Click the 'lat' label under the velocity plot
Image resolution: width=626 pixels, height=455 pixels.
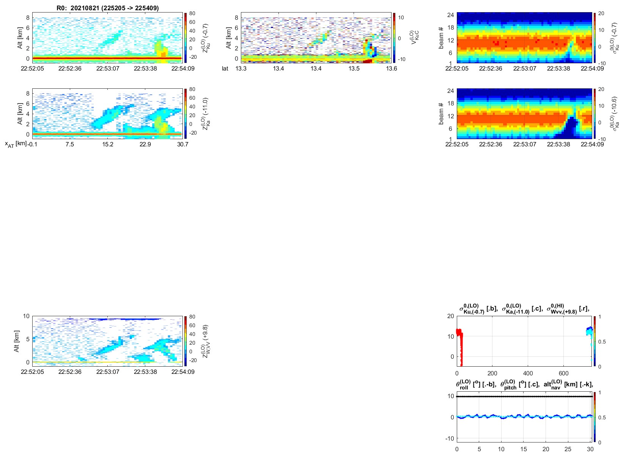pyautogui.click(x=225, y=69)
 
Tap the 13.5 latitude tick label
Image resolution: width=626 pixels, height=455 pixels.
pyautogui.click(x=354, y=69)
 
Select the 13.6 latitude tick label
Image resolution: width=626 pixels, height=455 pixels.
pyautogui.click(x=392, y=69)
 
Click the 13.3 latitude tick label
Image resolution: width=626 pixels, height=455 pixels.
pyautogui.click(x=241, y=69)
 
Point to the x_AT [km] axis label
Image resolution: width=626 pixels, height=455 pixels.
pyautogui.click(x=16, y=144)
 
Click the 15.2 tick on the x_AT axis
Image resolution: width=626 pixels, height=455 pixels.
pyautogui.click(x=107, y=144)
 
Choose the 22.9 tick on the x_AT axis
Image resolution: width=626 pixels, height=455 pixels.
pyautogui.click(x=145, y=144)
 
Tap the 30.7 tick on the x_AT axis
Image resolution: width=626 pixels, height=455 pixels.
pyautogui.click(x=182, y=144)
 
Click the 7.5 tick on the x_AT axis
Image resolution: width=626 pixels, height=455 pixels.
pyautogui.click(x=70, y=144)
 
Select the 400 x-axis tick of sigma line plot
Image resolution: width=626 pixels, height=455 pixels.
pyautogui.click(x=528, y=373)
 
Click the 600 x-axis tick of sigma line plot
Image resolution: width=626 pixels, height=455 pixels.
pyautogui.click(x=563, y=373)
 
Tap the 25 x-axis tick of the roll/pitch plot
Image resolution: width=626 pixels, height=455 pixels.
pyautogui.click(x=568, y=449)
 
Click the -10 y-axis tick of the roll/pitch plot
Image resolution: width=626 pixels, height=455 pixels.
pyautogui.click(x=450, y=438)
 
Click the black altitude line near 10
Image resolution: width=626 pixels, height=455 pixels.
pyautogui.click(x=524, y=396)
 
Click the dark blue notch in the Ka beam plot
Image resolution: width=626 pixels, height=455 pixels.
pyautogui.click(x=569, y=129)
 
